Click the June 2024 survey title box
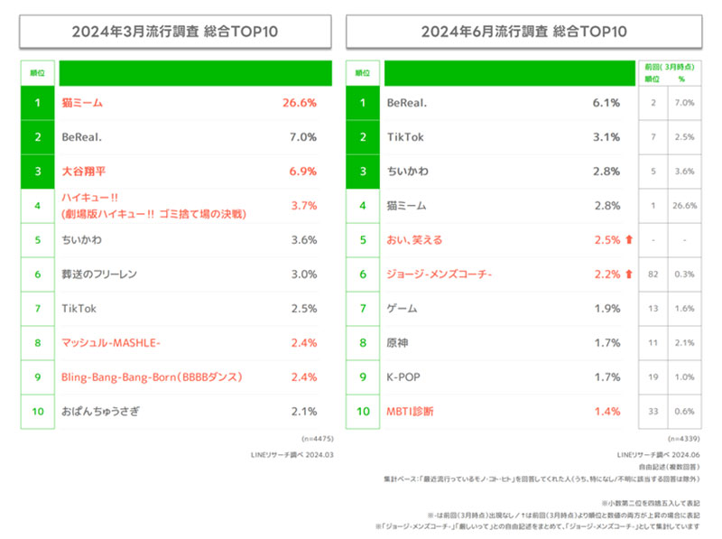pyautogui.click(x=524, y=31)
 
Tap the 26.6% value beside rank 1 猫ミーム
pyautogui.click(x=300, y=103)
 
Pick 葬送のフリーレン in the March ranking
pyautogui.click(x=98, y=274)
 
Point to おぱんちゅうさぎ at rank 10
pyautogui.click(x=101, y=412)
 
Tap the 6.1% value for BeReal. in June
pyautogui.click(x=606, y=103)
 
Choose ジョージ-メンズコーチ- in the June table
pyautogui.click(x=438, y=274)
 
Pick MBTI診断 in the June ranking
pyautogui.click(x=410, y=412)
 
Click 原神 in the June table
pyautogui.click(x=398, y=343)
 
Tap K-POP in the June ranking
pyautogui.click(x=403, y=377)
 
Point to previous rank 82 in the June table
pyautogui.click(x=652, y=274)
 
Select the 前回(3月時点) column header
pyautogui.click(x=667, y=67)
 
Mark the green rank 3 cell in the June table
pyautogui.click(x=363, y=172)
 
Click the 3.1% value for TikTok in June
pyautogui.click(x=606, y=137)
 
